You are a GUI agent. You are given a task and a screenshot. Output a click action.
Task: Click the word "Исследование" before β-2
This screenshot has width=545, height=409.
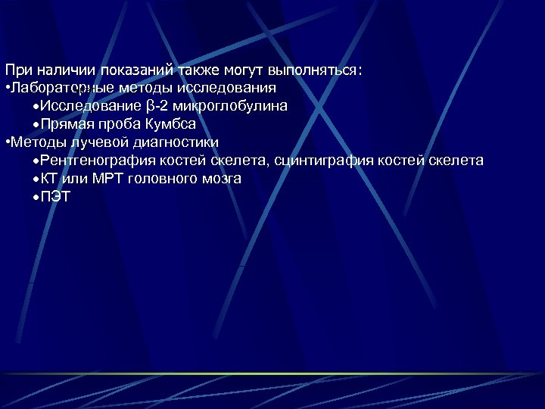coord(89,106)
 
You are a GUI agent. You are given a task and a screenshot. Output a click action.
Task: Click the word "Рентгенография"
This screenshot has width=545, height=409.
coord(99,161)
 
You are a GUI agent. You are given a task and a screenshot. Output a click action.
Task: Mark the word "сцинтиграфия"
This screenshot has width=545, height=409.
coord(320,161)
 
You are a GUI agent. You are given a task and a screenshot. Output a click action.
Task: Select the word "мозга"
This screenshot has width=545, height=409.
coord(223,179)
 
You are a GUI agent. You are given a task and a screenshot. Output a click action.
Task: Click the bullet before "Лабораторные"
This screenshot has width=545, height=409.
coord(7,89)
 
